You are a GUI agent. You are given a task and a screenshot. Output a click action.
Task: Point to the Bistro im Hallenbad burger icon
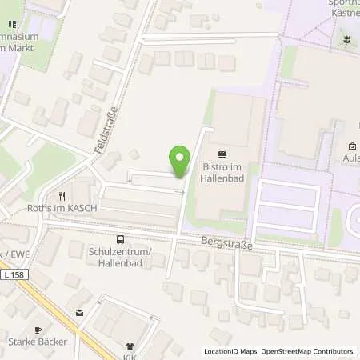pyautogui.click(x=222, y=153)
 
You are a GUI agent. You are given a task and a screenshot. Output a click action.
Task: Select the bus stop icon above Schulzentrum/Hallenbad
pyautogui.click(x=120, y=238)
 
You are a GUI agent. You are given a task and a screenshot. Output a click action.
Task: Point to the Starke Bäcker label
pyautogui.click(x=37, y=342)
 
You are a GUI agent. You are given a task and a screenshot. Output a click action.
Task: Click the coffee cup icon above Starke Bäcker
pyautogui.click(x=37, y=330)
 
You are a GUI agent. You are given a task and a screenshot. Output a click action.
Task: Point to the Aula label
pyautogui.click(x=351, y=158)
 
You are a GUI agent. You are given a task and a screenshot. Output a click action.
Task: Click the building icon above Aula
pyautogui.click(x=353, y=146)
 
